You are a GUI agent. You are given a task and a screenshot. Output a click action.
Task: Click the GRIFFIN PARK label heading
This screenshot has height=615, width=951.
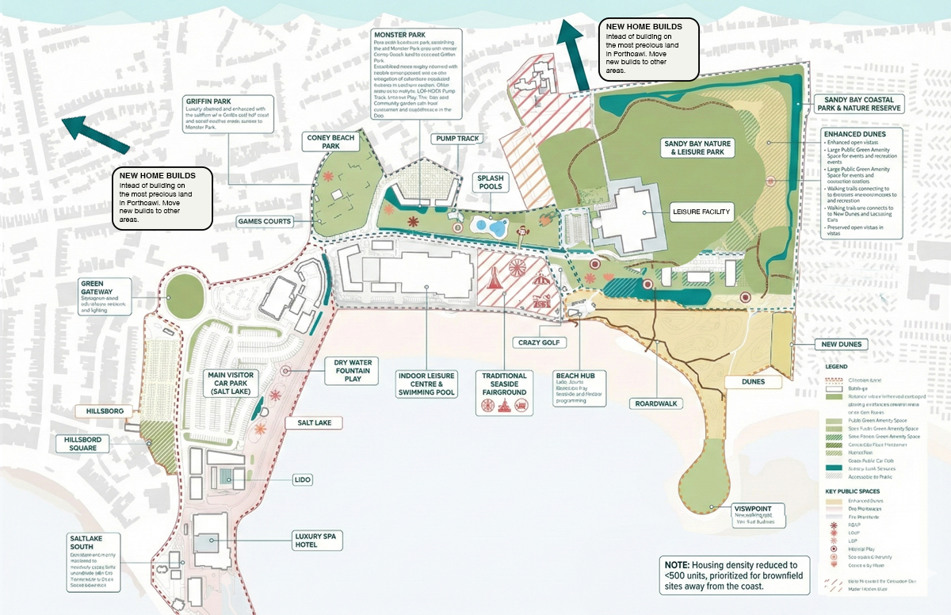click(208, 101)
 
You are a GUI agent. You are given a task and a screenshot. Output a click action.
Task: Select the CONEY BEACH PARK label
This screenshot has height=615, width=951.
click(331, 142)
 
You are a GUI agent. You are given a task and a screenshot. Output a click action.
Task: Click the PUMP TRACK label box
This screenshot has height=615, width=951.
click(457, 139)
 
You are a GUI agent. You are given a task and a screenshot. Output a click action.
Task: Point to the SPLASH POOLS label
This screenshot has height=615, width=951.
click(491, 183)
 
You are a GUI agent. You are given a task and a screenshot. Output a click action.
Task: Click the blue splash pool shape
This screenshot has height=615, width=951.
click(489, 227)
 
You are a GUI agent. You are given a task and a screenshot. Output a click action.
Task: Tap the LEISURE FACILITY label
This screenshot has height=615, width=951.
click(701, 212)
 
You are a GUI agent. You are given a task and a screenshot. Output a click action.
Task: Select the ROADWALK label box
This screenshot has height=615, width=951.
click(656, 403)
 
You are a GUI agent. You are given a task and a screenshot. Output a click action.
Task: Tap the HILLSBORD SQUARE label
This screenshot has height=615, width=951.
click(82, 443)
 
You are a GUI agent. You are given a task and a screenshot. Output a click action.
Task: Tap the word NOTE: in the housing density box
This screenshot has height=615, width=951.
click(678, 563)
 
